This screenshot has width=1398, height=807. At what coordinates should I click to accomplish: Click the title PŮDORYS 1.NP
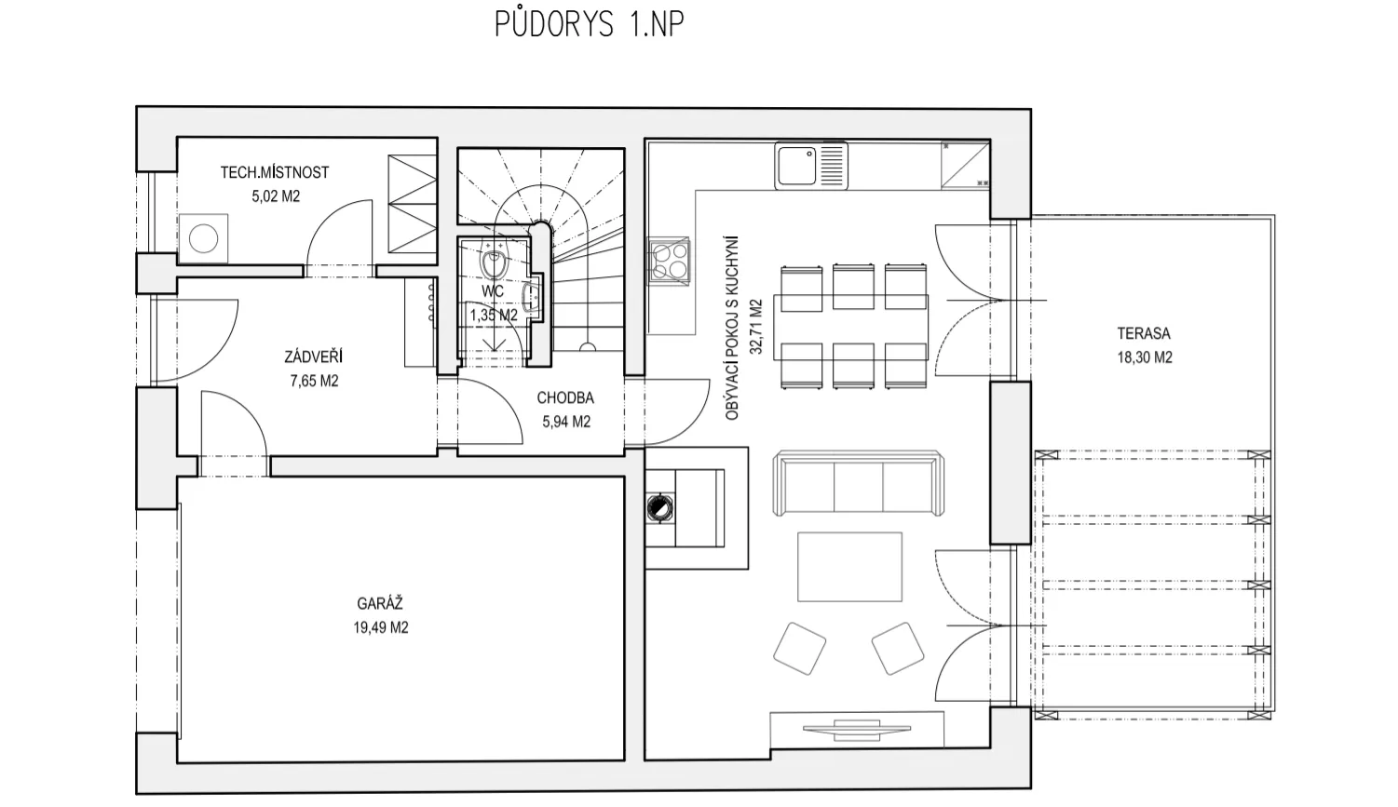(590, 24)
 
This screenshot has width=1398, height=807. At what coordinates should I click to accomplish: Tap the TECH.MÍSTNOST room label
(275, 172)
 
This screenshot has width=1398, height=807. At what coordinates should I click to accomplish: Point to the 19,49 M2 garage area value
(381, 627)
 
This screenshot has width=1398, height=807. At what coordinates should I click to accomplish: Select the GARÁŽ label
(380, 603)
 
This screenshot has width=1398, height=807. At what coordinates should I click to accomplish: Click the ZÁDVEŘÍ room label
(313, 356)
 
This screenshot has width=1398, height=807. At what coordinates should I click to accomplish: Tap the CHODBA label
(565, 397)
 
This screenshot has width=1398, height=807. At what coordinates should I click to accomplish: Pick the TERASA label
(1144, 333)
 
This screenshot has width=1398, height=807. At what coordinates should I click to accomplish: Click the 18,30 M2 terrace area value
(1145, 357)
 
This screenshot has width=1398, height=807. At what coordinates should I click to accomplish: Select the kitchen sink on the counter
(811, 166)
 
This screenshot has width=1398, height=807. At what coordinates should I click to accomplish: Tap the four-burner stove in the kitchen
(669, 262)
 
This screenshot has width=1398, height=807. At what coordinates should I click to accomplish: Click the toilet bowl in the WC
(494, 263)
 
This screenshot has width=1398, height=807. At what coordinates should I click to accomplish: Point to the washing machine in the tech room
(203, 239)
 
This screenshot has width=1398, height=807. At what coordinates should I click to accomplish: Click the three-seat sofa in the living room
(858, 483)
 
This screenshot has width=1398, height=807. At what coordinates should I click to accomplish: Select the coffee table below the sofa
(849, 567)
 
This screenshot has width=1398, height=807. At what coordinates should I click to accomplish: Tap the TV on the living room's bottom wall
(856, 729)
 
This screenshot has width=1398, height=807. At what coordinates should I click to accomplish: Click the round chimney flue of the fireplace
(659, 507)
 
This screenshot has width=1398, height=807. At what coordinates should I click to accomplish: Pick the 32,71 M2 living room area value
(755, 327)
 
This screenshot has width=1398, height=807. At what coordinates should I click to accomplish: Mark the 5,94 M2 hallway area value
(566, 422)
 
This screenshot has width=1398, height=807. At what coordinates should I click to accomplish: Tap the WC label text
(493, 291)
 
